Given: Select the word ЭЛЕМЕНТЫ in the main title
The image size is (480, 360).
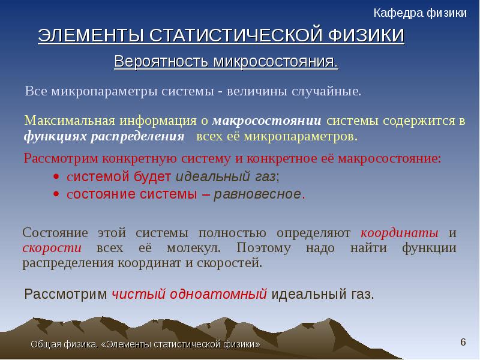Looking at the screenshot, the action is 91,35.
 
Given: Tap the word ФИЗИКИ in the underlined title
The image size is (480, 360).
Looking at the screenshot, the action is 367,35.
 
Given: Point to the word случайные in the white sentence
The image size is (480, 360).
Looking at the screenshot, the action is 326,91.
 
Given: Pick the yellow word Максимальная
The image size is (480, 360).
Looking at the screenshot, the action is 70,121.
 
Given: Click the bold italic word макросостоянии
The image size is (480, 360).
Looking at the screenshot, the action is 266,121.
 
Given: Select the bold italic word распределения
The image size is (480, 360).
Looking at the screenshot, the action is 137,136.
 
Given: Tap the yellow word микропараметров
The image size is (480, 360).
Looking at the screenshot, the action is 301,136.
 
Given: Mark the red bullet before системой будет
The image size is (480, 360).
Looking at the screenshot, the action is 56,176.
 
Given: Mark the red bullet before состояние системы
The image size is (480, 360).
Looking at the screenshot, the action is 56,194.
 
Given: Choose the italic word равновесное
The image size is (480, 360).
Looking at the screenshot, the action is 257,194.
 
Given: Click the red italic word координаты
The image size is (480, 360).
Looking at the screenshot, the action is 400,233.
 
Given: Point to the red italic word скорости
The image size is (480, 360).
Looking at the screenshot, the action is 52,248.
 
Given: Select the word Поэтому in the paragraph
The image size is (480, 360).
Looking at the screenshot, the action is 263,248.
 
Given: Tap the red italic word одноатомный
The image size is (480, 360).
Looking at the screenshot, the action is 218,294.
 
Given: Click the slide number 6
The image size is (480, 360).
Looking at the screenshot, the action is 463,342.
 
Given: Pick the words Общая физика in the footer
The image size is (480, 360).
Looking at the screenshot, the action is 64,344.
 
